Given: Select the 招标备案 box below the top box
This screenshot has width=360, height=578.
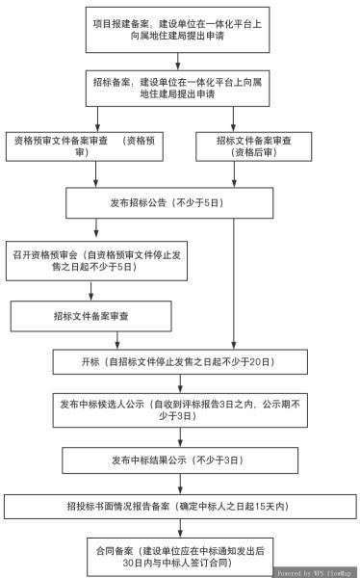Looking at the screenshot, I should pyautogui.click(x=180, y=90).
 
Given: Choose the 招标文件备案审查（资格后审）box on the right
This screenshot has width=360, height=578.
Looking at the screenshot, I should pyautogui.click(x=255, y=145).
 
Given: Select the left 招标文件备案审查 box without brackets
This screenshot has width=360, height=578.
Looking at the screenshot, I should pyautogui.click(x=91, y=315).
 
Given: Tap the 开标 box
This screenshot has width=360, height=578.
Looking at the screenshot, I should pyautogui.click(x=179, y=362).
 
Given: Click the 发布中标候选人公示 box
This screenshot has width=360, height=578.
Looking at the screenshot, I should pyautogui.click(x=179, y=409).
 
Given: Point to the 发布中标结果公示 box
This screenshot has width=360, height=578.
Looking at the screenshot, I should pyautogui.click(x=179, y=460).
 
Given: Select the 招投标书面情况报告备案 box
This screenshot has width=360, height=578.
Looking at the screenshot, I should pyautogui.click(x=179, y=506).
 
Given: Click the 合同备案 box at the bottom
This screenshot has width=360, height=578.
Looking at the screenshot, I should pyautogui.click(x=179, y=555).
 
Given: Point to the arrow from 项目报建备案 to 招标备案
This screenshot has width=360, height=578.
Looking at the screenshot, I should pyautogui.click(x=179, y=63).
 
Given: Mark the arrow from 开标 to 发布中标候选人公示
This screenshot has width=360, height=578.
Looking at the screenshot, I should pyautogui.click(x=179, y=382).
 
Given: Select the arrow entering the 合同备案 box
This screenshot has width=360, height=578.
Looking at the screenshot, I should pyautogui.click(x=179, y=527).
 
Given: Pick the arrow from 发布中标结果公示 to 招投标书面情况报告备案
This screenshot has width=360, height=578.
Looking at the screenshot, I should pyautogui.click(x=179, y=483).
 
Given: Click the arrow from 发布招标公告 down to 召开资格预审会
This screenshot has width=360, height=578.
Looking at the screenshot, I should pyautogui.click(x=93, y=229).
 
